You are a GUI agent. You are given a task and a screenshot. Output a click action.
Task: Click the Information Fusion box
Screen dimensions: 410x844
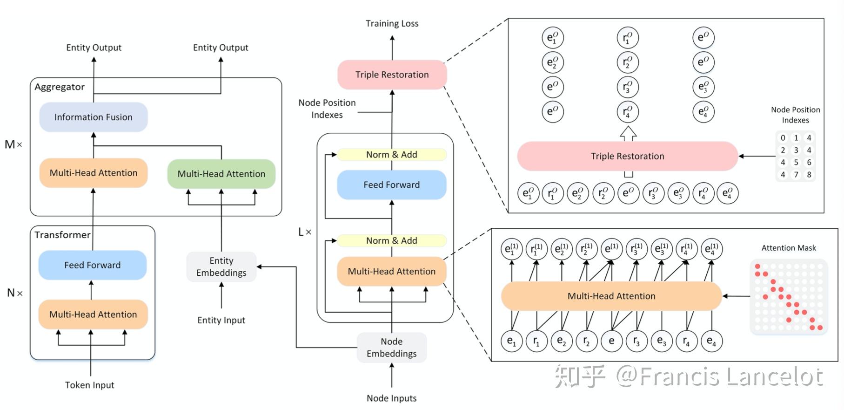[94, 117]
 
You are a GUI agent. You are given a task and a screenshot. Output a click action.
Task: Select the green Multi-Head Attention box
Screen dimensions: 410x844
[221, 174]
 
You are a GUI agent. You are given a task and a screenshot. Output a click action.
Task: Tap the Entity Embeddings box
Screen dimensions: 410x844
[221, 266]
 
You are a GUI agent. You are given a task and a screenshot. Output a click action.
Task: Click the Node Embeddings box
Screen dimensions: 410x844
[392, 348]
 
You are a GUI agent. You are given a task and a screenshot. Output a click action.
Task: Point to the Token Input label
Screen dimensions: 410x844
[90, 385]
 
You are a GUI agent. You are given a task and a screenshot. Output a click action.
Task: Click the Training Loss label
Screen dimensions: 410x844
[392, 23]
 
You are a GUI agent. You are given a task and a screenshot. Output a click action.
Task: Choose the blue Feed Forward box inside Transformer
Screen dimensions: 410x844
[93, 265]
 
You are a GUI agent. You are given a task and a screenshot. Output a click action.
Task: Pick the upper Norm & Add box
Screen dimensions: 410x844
[392, 154]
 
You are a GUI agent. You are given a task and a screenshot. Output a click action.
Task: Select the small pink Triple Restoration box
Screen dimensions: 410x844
[392, 75]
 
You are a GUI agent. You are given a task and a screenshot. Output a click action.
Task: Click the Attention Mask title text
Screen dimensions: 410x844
[789, 248]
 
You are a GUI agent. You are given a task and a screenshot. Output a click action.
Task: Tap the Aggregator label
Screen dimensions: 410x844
[60, 87]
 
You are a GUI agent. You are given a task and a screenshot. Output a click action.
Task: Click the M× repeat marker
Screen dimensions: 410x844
[13, 144]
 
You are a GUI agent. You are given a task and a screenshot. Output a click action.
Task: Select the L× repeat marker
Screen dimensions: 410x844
[305, 232]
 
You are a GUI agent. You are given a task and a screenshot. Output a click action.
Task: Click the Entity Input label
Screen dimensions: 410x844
[221, 320]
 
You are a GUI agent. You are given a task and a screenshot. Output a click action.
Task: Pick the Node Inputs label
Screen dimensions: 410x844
[392, 398]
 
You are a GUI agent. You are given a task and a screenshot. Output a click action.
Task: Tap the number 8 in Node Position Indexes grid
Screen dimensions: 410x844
[809, 175]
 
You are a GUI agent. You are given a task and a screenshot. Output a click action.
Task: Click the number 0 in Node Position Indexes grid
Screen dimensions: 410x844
[783, 138]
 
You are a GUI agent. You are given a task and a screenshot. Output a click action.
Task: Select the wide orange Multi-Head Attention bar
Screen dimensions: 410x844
[611, 296]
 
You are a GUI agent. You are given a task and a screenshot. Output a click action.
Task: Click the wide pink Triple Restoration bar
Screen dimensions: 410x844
[628, 156]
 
